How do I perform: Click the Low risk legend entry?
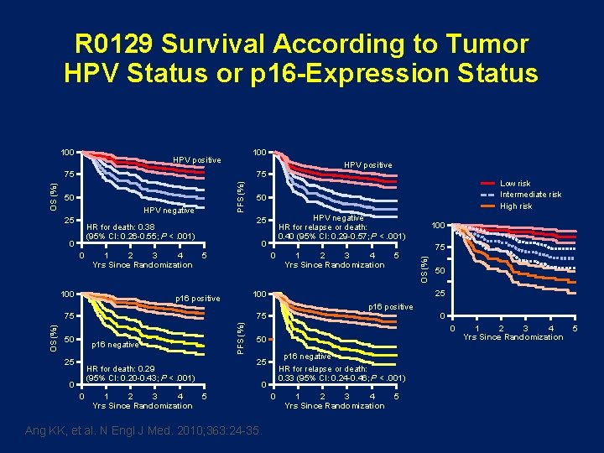515,184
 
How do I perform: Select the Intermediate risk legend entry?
530,195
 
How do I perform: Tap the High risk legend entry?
516,206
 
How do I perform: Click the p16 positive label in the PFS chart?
391,307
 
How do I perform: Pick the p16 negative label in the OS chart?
113,344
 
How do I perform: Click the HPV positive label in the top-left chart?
196,159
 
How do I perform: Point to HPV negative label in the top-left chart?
169,210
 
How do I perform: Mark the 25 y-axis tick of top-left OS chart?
70,221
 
